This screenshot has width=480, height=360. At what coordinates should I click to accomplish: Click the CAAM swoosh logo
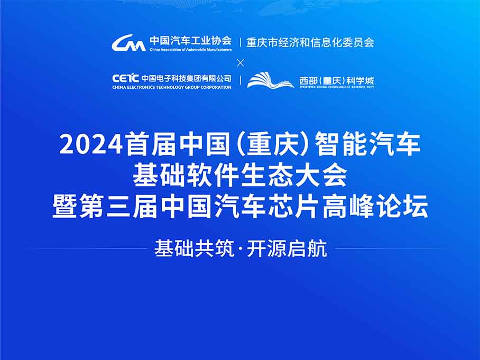pos(128,43)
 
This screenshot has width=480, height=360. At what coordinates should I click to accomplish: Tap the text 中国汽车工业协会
pos(190,41)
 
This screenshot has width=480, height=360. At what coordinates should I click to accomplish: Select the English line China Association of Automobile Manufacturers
pos(190,49)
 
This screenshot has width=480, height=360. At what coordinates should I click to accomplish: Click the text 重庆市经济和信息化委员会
pos(310,42)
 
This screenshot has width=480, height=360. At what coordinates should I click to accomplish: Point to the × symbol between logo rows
pos(241,63)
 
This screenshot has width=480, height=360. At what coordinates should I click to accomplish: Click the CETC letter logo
pos(125,78)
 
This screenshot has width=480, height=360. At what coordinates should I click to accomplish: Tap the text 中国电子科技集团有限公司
pos(186,78)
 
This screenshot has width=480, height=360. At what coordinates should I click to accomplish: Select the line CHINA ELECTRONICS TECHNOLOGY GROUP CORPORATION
pos(172,87)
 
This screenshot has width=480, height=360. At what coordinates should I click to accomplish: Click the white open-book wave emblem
pos(271,80)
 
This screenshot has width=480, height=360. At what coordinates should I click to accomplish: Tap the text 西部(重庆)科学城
pos(337,80)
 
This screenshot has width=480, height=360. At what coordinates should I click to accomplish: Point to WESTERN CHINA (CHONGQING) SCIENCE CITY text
pos(337,87)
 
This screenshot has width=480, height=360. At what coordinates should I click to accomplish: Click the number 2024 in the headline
pos(91,144)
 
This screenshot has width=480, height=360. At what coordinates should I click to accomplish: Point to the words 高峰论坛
pos(375,207)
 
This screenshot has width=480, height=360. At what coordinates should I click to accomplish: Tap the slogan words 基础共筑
pos(194,248)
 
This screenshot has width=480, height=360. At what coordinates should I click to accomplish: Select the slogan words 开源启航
pos(287,248)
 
